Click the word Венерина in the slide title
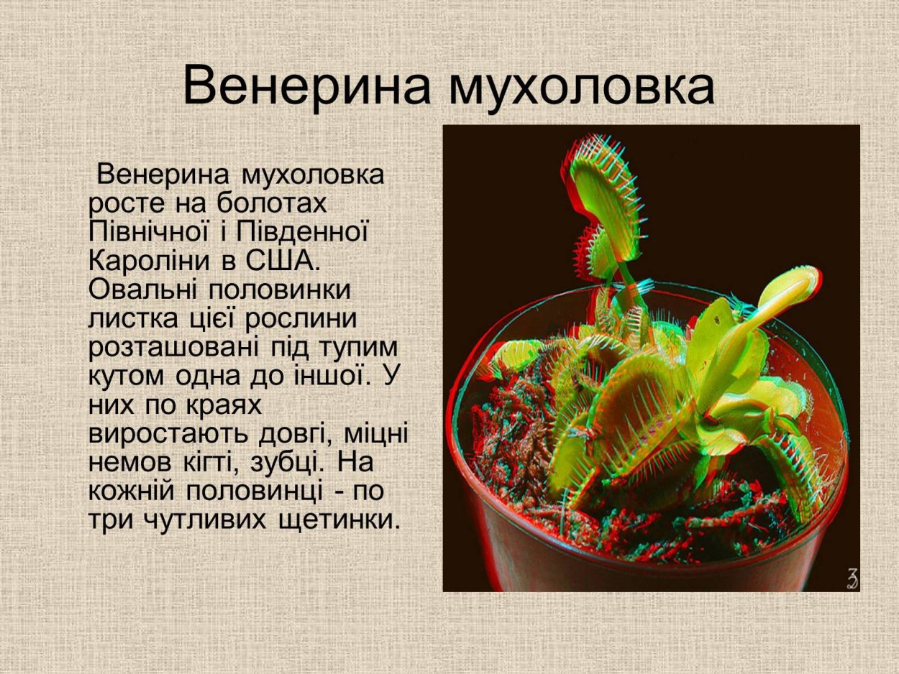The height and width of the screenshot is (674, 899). [x=306, y=86]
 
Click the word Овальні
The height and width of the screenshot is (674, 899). [x=141, y=290]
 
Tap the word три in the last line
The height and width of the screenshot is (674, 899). [x=109, y=520]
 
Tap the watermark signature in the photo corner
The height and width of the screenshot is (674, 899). [x=852, y=579]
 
